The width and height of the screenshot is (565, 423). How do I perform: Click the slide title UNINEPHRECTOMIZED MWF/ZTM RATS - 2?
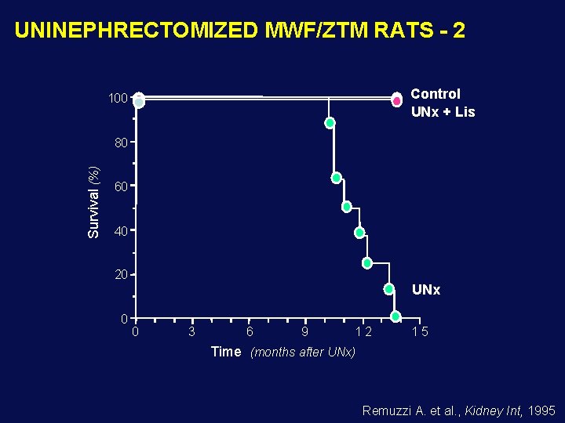239,31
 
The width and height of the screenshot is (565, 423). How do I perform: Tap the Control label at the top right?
436,94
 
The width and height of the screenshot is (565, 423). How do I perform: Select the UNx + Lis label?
443,112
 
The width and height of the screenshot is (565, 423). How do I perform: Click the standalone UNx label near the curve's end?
426,290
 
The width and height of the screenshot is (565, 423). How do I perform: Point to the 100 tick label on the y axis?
118,99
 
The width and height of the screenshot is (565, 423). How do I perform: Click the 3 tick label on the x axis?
192,332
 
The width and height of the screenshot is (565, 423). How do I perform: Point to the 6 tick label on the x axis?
249,332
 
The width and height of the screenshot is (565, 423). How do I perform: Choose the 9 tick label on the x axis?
305,332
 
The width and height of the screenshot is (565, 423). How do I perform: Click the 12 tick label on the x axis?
363,332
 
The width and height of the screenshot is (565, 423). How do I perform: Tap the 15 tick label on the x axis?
421,332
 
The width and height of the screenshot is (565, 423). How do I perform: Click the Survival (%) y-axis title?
94,202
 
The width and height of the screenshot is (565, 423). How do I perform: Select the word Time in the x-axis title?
226,352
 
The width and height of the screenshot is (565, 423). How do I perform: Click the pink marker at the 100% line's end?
397,100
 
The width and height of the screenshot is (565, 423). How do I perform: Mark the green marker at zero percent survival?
395,316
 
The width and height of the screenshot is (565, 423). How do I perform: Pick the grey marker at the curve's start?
139,101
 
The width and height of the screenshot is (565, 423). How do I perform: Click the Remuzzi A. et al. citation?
458,410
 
